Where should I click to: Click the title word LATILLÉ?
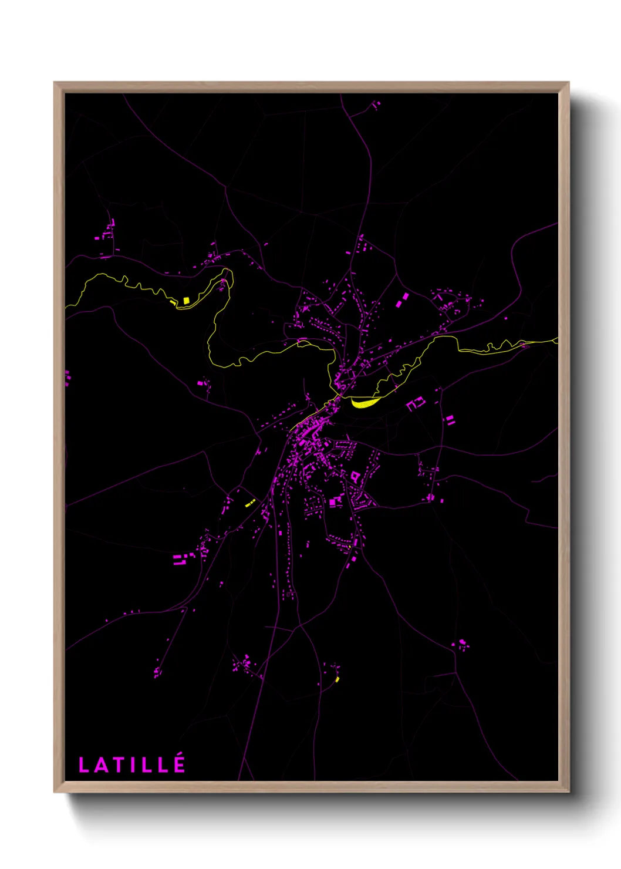pos(132,764)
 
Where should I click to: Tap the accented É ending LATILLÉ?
pos(179,763)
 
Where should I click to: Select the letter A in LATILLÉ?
pos(101,765)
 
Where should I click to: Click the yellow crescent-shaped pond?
pos(365,403)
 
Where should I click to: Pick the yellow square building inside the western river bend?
pos(186,300)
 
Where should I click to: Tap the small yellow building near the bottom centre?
pos(338,679)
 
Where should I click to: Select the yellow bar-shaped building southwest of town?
pos(249,504)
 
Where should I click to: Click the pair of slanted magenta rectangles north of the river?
pos(402,300)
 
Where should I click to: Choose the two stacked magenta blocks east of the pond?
pos(450,420)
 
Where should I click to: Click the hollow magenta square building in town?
pos(355,476)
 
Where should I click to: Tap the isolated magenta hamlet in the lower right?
pos(462,644)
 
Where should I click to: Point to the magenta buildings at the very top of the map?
pos(376,105)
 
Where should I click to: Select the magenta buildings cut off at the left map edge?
pos(67,377)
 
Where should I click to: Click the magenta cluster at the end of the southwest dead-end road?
pos(157,671)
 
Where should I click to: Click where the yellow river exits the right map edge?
pos(556,340)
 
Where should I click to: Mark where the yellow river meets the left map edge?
pos(66,306)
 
